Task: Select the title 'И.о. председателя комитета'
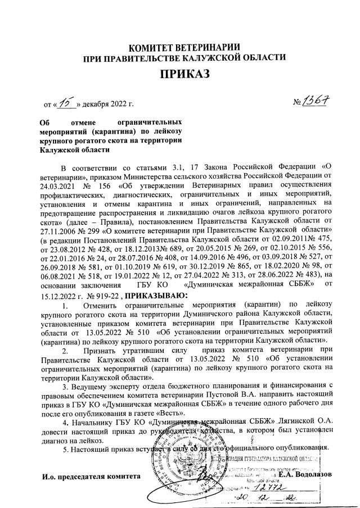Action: tap(91, 477)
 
